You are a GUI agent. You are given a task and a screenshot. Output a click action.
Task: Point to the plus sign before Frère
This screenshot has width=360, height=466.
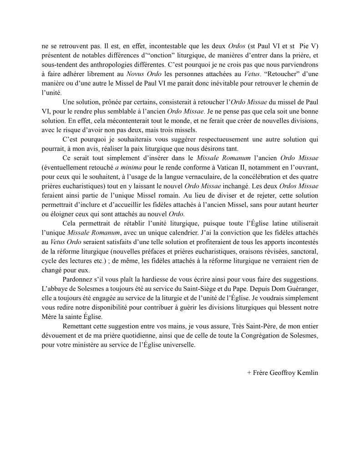248,372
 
